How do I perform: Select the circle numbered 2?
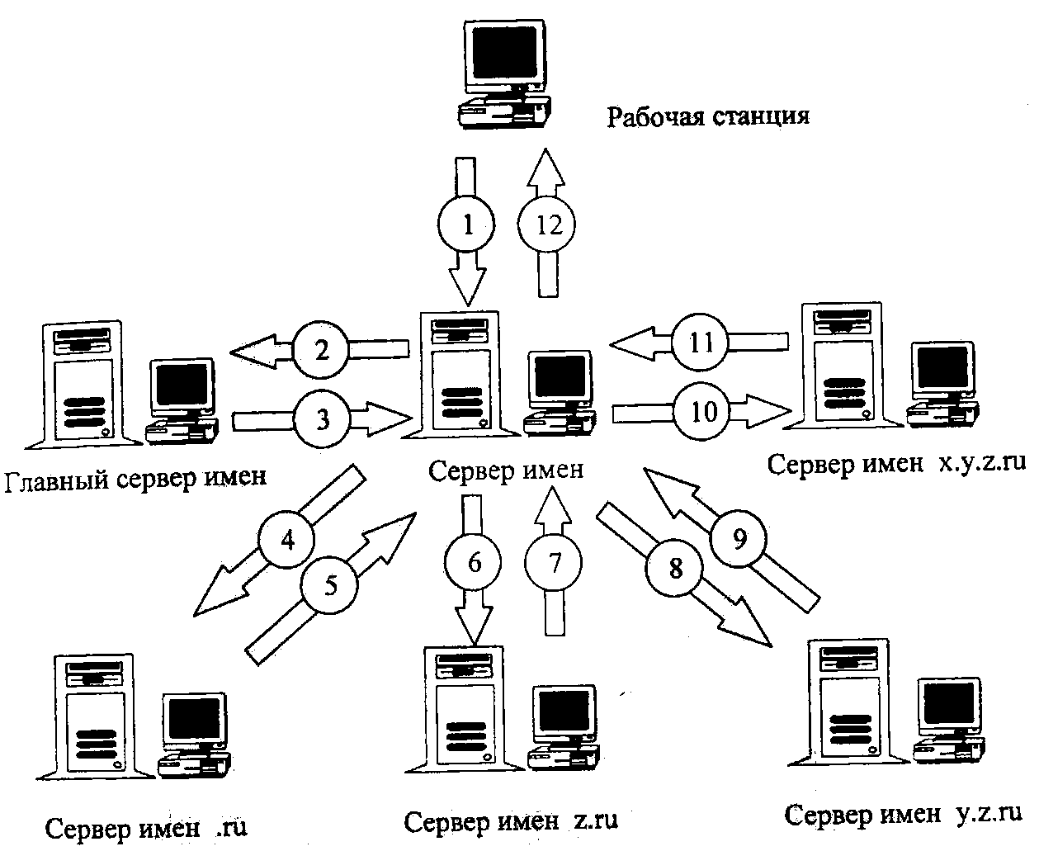(322, 351)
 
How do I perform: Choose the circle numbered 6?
(473, 563)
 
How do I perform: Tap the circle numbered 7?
(553, 563)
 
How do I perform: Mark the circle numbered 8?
(676, 570)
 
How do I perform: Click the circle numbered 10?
(703, 411)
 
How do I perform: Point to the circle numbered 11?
(701, 342)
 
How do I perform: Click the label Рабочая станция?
(707, 116)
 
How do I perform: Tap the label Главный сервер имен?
(136, 478)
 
